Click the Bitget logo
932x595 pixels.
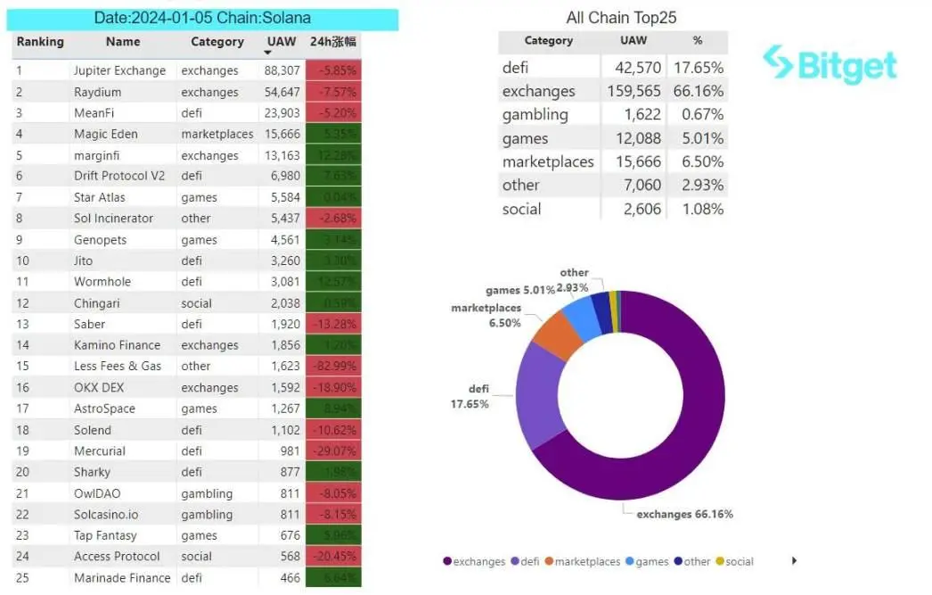830,64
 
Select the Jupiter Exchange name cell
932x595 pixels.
119,70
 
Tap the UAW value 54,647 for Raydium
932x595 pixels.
282,92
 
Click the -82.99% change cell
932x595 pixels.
333,367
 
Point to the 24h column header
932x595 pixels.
333,42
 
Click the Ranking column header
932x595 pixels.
40,42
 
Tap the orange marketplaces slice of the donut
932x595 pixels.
560,333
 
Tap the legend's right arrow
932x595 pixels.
794,561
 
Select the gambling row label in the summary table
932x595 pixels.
535,114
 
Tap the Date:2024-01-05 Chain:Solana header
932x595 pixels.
203,18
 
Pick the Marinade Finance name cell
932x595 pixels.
122,578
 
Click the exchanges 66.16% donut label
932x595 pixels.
684,515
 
